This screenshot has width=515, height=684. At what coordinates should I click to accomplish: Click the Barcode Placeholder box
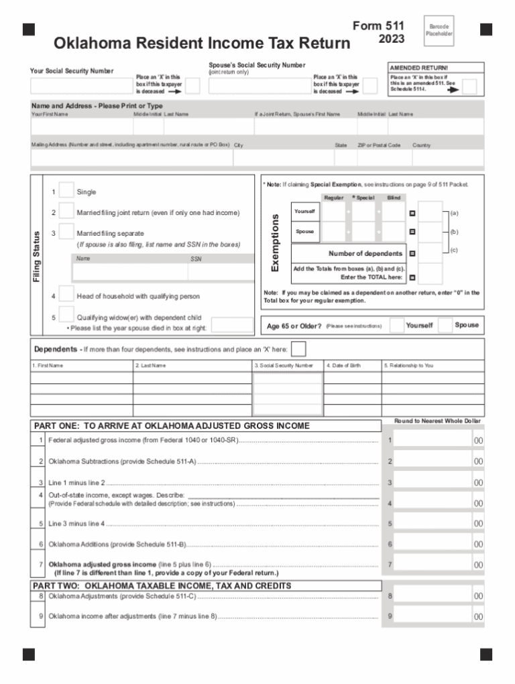pos(440,30)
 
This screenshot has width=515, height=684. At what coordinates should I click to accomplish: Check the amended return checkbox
pos(470,87)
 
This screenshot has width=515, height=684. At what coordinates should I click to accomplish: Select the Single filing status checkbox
pos(66,191)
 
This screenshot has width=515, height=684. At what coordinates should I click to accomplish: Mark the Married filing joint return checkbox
pos(66,212)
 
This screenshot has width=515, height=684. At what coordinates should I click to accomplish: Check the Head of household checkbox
pos(66,295)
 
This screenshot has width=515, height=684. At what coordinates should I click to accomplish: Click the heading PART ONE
pos(172,426)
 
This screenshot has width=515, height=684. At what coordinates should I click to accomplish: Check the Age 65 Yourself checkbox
pos(397,325)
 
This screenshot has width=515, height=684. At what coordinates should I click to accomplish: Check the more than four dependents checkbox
pos(299,349)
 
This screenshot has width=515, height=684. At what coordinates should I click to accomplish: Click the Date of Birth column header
pos(343,366)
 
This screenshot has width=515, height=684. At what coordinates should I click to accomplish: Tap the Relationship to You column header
pos(408,366)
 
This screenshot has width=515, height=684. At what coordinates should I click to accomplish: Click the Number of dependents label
pos(365,253)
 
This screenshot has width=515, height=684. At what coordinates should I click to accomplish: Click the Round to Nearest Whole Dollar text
pos(437,421)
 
